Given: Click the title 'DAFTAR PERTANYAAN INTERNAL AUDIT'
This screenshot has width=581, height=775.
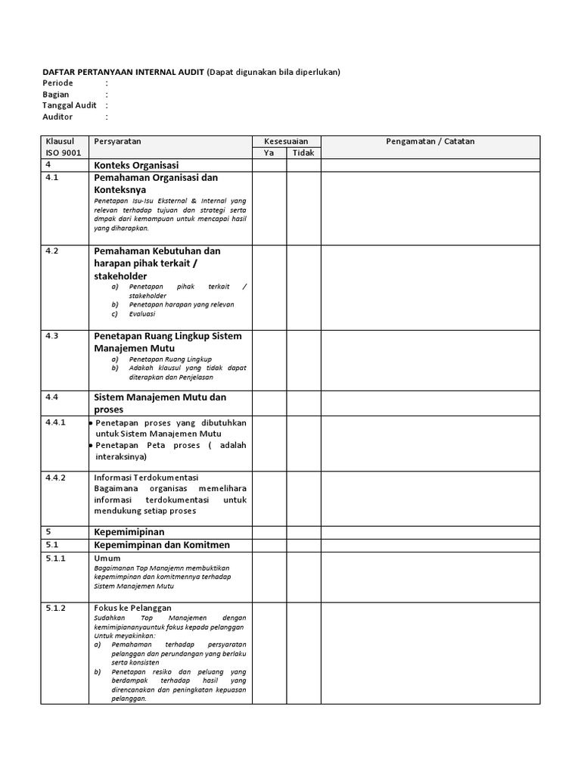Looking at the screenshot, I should [x=123, y=72].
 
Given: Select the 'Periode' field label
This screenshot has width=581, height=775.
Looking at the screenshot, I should [x=58, y=83].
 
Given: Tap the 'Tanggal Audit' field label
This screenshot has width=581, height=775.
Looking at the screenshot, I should [x=70, y=105].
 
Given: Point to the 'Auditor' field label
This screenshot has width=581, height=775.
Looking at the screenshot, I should [x=58, y=117].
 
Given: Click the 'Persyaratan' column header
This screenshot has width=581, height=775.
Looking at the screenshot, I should [x=117, y=142].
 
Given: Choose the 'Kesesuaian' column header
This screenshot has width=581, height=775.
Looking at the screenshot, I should [x=286, y=142].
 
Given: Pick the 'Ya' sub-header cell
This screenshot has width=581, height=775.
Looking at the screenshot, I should [x=269, y=153].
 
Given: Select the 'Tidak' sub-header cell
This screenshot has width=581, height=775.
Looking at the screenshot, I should [x=303, y=153].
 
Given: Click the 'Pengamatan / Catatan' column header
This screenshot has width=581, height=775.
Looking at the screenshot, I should [x=430, y=142].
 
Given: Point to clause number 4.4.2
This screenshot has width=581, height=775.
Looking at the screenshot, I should [x=56, y=478].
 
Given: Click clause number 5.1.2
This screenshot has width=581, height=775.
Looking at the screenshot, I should [x=56, y=608].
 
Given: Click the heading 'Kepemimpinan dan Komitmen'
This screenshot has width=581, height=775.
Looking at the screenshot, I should [x=161, y=545].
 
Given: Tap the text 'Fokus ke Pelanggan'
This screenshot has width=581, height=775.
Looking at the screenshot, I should [x=132, y=608].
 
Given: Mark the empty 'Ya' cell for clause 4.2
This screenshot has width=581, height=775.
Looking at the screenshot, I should [x=269, y=287].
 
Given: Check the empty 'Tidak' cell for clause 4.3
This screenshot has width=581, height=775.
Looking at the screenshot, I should [x=303, y=359].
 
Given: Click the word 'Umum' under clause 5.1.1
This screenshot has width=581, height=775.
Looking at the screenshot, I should [x=107, y=558].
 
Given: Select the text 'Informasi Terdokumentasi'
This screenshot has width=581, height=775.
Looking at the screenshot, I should [x=145, y=478].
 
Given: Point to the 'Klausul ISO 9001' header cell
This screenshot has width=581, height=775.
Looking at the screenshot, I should [x=64, y=147].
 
